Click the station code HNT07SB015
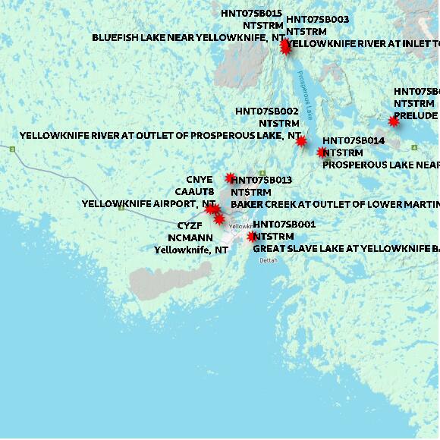tap(251, 14)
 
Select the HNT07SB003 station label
tap(317, 19)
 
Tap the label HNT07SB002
tap(266, 111)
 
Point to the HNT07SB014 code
tap(354, 141)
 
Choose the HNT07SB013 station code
tap(261, 180)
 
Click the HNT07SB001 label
tap(284, 225)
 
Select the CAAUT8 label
tap(195, 192)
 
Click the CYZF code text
tap(190, 226)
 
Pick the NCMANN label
tap(189, 237)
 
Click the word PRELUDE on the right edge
tap(416, 115)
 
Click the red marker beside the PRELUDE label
tap(394, 121)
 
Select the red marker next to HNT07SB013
tap(231, 178)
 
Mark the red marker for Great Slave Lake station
tap(252, 237)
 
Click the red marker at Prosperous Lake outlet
tap(301, 141)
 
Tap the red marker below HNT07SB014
tap(322, 152)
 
